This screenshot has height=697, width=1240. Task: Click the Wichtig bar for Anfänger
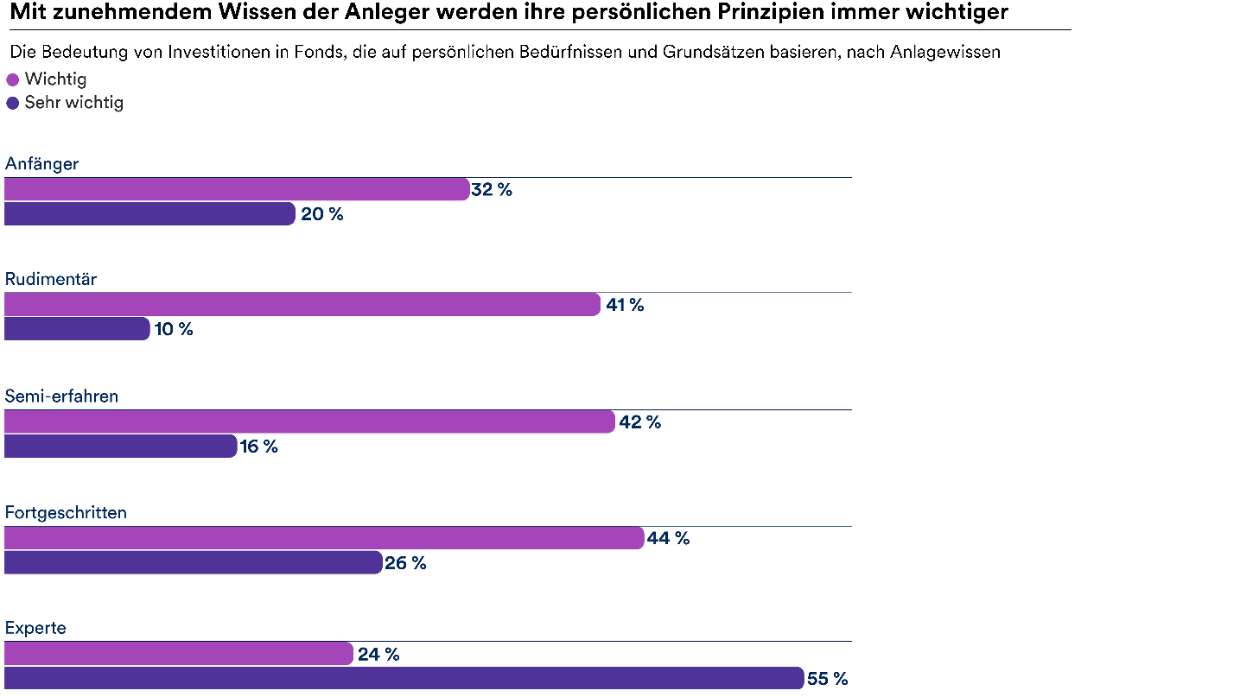237,189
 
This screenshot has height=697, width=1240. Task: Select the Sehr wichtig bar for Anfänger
149,213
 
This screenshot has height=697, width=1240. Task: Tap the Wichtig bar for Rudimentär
302,304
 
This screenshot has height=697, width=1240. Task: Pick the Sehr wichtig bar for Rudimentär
77,329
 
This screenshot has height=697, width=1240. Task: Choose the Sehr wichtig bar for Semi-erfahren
120,447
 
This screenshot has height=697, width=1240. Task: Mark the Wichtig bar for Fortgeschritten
324,538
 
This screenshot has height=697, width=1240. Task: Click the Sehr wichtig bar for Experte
404,679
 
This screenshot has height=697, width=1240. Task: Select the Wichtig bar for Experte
179,654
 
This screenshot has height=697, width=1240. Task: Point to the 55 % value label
828,679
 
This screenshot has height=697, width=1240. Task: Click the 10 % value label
174,329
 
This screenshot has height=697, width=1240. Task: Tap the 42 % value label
640,422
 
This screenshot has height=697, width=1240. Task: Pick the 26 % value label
406,563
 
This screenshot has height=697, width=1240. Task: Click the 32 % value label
492,190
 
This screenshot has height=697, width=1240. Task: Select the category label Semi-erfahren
61,396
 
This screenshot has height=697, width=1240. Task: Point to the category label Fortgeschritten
66,512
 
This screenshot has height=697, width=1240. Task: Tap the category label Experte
35,628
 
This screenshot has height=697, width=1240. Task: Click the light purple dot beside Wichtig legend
12,80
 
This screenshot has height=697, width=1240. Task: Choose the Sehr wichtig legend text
73,103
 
